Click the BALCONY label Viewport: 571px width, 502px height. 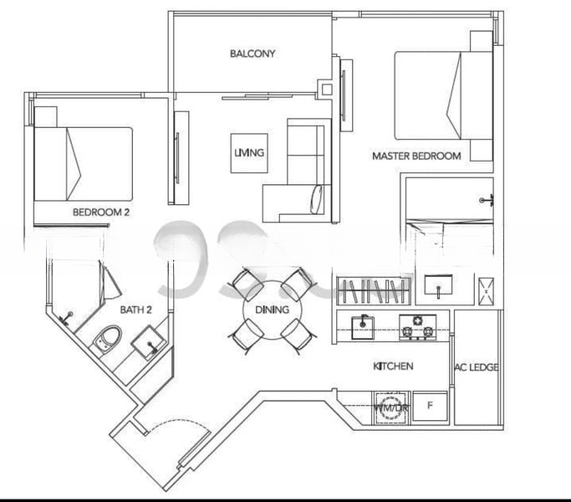252,54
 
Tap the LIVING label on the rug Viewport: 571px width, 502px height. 249,153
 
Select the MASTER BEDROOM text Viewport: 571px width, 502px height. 416,156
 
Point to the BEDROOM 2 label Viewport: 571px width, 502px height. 101,213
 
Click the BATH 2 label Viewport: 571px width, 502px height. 135,310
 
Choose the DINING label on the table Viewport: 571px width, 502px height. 272,310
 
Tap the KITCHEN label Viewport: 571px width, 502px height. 393,366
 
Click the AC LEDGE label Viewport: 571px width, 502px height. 477,367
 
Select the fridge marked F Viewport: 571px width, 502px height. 431,407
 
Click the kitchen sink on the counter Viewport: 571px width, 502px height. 363,326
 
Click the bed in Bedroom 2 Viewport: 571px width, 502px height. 84,163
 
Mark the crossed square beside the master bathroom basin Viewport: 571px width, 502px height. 485,287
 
